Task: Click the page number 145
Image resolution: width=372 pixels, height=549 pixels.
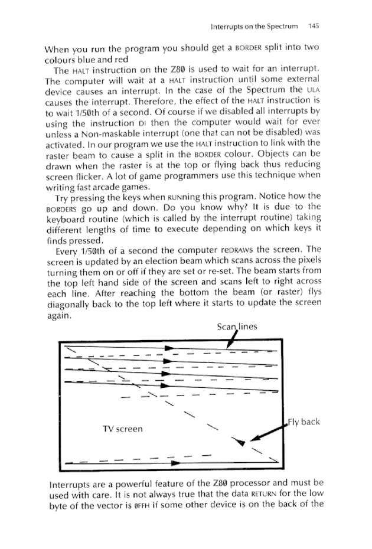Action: point(313,26)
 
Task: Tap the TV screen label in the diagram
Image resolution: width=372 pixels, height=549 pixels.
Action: point(122,428)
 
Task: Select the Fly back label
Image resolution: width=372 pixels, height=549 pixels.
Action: point(305,422)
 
